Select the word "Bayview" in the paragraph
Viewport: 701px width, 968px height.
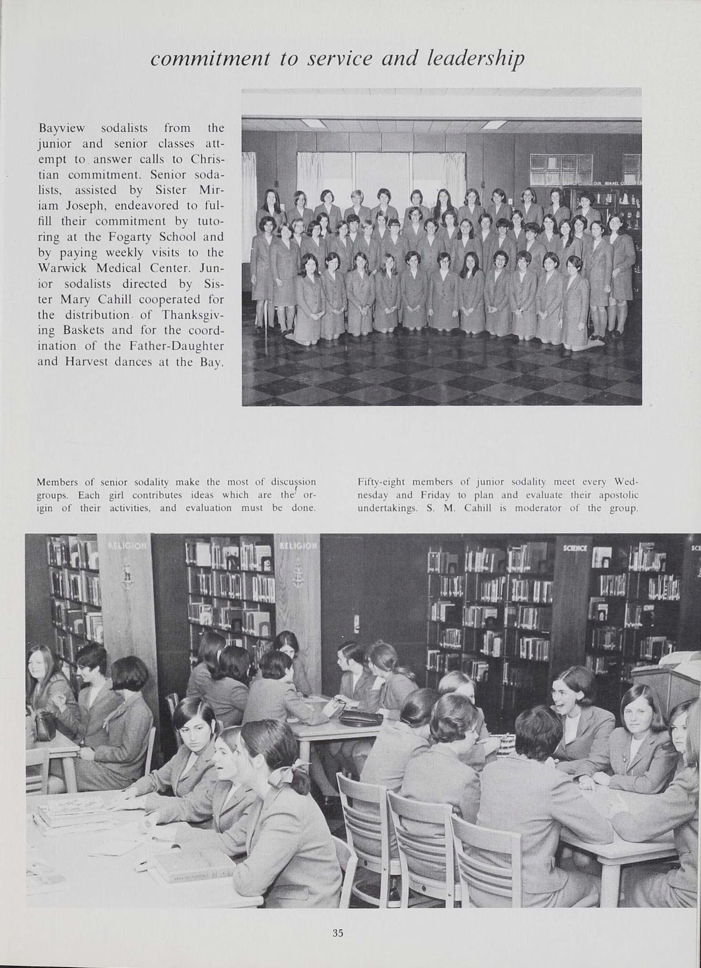point(62,128)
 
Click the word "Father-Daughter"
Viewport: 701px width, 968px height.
point(175,346)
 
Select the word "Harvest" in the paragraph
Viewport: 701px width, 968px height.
point(83,362)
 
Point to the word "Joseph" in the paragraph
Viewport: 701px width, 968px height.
point(83,206)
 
